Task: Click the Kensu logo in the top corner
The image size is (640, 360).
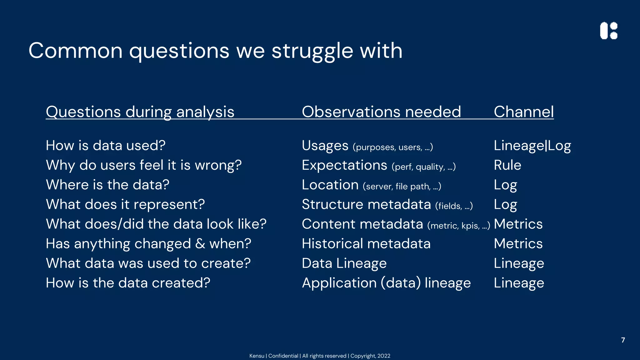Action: (609, 31)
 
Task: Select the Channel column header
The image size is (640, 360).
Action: (524, 112)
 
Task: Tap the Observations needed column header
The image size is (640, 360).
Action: (381, 112)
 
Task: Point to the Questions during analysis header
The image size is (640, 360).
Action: (140, 112)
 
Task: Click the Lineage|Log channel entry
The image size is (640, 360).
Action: (532, 146)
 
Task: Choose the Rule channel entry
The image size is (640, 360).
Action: (507, 165)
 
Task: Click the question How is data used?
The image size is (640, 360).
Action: (106, 146)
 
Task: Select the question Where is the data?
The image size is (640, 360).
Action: (107, 185)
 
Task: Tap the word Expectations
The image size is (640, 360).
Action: (344, 165)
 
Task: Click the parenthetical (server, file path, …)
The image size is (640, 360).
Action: (402, 187)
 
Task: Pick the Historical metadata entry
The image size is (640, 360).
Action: (366, 244)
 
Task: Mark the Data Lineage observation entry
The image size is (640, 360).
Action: (344, 263)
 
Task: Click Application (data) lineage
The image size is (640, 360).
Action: (386, 283)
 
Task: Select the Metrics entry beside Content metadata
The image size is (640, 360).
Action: (518, 224)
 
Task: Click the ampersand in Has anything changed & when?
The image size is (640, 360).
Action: (200, 244)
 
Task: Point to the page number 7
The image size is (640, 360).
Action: (623, 340)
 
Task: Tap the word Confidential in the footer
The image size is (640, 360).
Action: (283, 356)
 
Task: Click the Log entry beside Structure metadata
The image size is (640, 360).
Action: (505, 205)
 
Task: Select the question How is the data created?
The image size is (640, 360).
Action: (128, 283)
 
